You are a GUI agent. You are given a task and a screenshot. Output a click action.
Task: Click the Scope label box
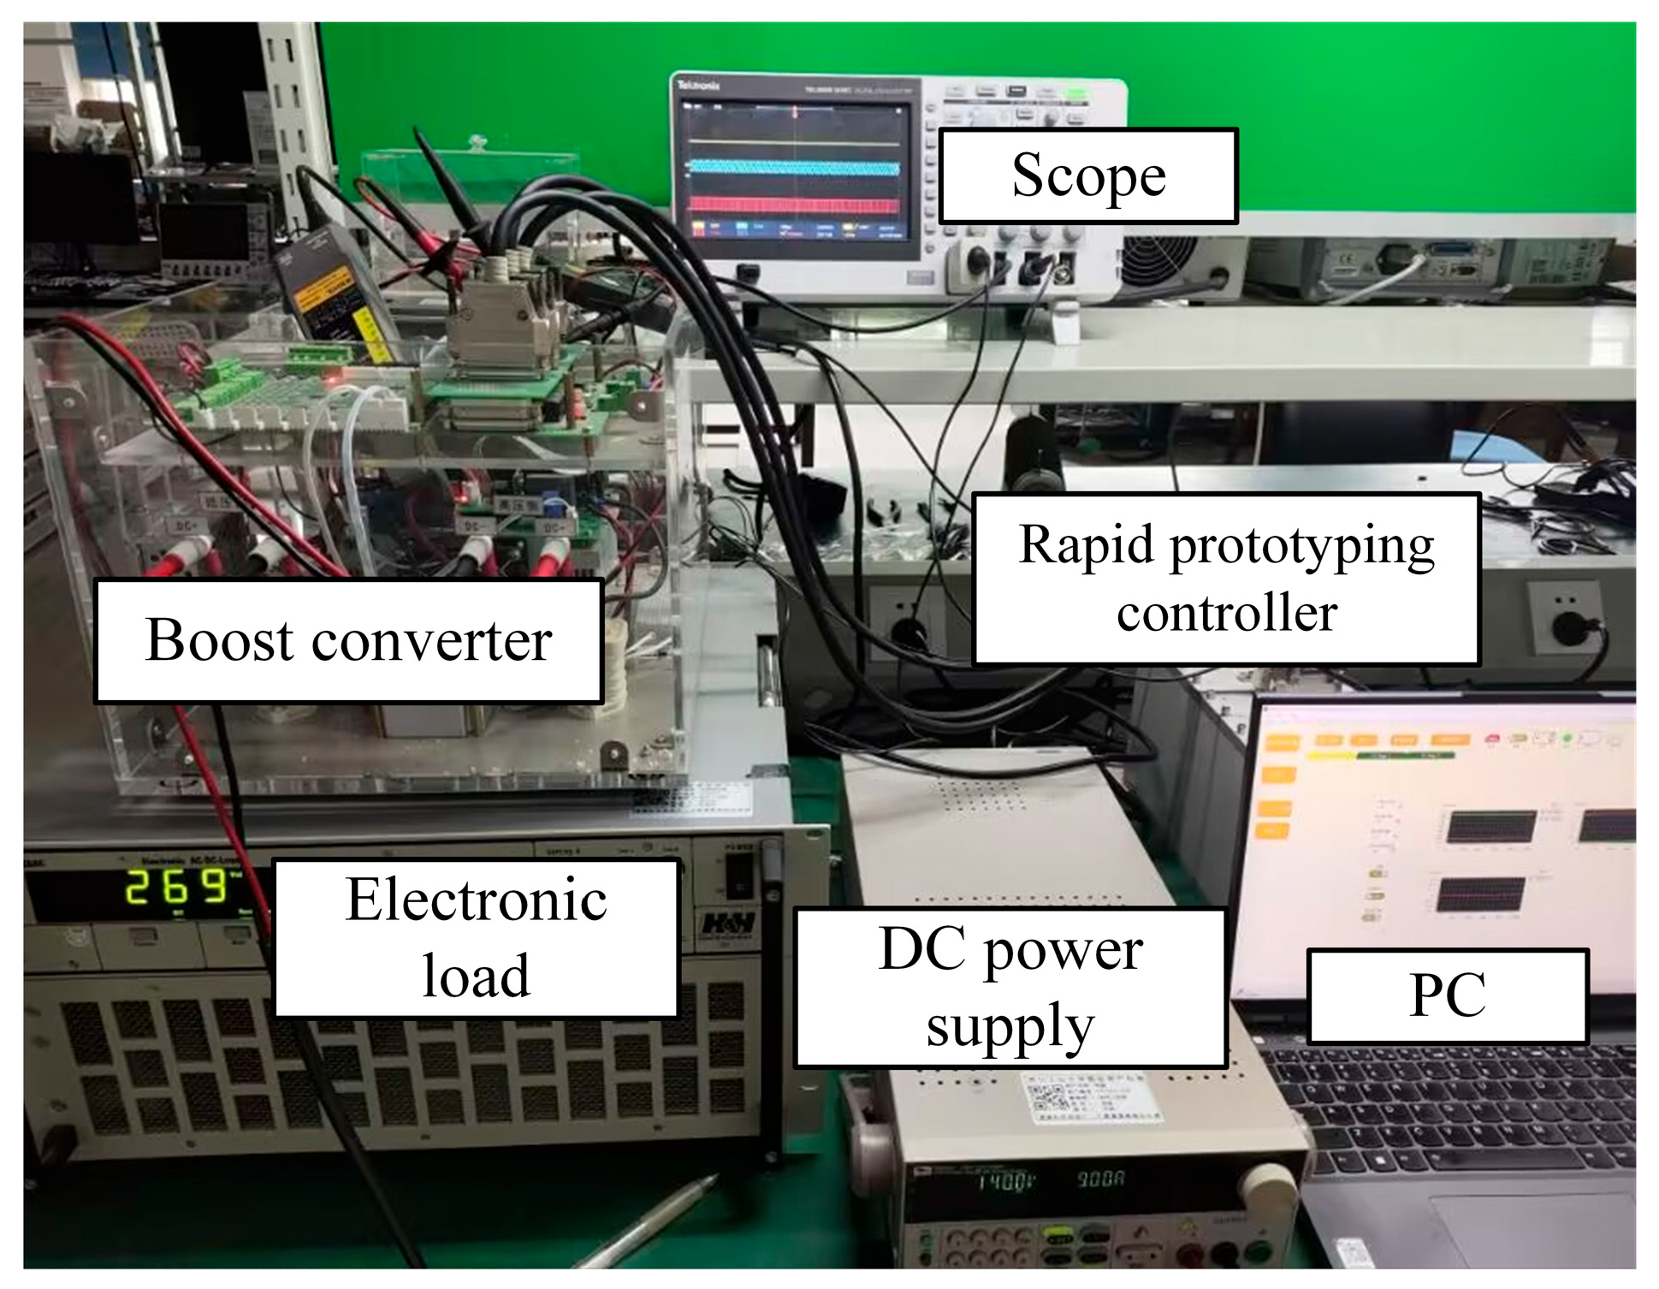[x=1088, y=176]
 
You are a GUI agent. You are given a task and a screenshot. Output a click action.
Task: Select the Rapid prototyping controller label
[x=1226, y=579]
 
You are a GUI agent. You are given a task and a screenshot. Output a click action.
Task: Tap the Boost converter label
[x=348, y=641]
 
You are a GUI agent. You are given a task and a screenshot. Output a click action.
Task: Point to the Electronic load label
[x=476, y=938]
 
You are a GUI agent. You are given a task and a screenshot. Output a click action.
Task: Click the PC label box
[x=1447, y=995]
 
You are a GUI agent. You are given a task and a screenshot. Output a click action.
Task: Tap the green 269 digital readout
[x=175, y=888]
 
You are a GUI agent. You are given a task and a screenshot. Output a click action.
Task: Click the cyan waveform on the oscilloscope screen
[x=794, y=168]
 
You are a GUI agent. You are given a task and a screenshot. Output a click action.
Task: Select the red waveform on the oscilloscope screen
[x=794, y=205]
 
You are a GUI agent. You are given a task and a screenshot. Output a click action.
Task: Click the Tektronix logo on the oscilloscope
[x=698, y=86]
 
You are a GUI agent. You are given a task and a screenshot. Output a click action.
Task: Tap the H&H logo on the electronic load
[x=728, y=924]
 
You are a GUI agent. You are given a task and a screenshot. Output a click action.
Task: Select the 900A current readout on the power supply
[x=1100, y=1179]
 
